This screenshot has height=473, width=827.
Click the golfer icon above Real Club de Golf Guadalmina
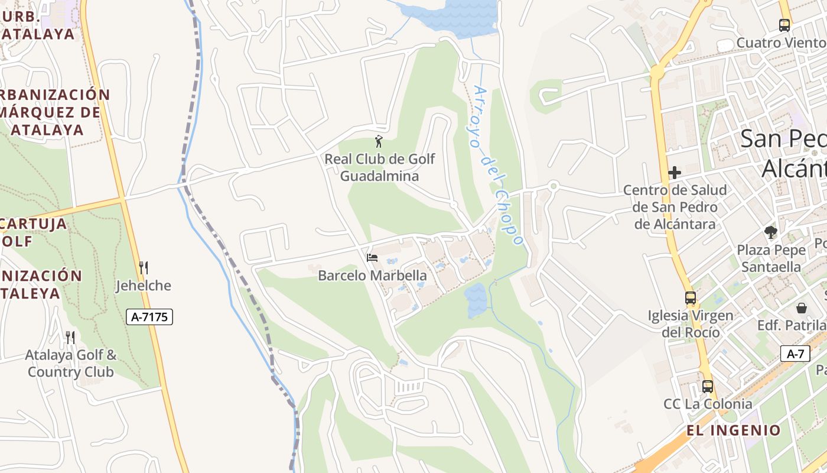click(x=379, y=142)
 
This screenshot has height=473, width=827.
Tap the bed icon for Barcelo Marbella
click(x=372, y=257)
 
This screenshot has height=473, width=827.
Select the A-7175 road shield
click(x=149, y=317)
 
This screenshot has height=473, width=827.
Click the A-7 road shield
click(x=795, y=354)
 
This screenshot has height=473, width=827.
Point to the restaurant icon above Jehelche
click(x=143, y=268)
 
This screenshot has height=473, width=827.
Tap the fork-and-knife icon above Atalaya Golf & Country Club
click(x=70, y=338)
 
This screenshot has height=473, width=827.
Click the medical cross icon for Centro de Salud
click(x=675, y=173)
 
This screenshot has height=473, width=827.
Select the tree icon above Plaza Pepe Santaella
click(x=770, y=232)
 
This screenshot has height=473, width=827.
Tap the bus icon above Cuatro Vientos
click(x=784, y=25)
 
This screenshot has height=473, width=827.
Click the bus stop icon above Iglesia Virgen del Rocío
click(x=690, y=298)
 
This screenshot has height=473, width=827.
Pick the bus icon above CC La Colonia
click(x=707, y=387)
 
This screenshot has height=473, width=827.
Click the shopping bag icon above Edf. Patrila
click(x=802, y=308)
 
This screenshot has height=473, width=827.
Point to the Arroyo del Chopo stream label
click(x=499, y=166)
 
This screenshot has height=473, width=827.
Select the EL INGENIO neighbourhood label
click(x=733, y=430)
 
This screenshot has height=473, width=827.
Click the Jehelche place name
click(x=143, y=286)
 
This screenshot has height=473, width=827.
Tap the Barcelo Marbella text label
click(x=372, y=276)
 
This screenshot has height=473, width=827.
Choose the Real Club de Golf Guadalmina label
click(x=379, y=167)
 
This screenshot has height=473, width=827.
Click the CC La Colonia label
click(x=708, y=404)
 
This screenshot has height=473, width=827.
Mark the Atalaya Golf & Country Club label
click(x=71, y=364)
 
